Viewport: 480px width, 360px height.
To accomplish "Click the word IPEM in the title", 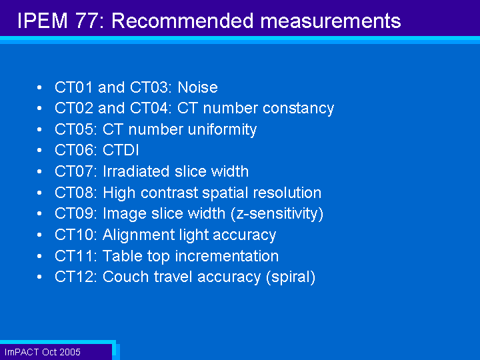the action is click(x=43, y=21).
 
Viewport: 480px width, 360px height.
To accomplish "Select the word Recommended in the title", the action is click(x=183, y=21).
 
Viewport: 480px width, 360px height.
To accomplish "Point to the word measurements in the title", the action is click(x=331, y=21).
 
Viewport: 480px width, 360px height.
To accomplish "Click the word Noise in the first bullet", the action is click(x=198, y=87).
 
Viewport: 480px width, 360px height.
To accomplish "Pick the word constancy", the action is click(x=298, y=109).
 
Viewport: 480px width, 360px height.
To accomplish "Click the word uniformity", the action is click(x=222, y=130).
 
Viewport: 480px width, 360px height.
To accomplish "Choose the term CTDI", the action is click(x=121, y=150).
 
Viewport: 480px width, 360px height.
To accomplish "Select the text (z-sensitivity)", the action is click(x=277, y=214).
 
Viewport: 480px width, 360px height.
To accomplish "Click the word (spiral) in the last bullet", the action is click(x=291, y=277).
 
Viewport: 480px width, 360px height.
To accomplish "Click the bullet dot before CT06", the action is click(x=39, y=150).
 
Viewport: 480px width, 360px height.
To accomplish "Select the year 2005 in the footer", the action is click(x=70, y=352).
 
